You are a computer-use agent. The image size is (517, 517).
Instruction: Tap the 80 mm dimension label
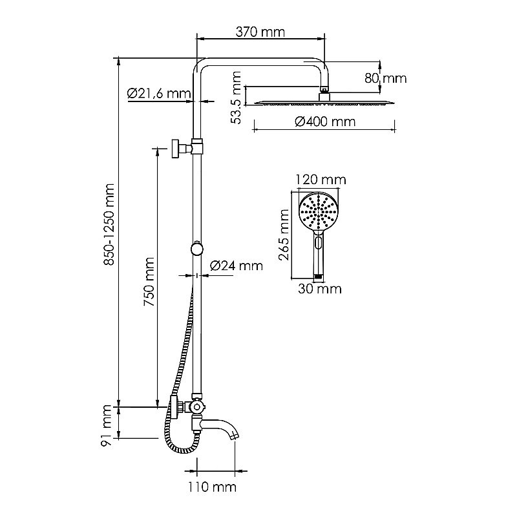pyautogui.click(x=385, y=78)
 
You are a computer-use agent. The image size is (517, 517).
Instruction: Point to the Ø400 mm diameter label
pyautogui.click(x=325, y=121)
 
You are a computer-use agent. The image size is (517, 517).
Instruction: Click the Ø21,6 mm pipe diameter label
pyautogui.click(x=159, y=94)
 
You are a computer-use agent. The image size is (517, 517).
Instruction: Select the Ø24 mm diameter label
pyautogui.click(x=237, y=266)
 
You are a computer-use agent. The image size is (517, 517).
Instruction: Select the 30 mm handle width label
pyautogui.click(x=320, y=289)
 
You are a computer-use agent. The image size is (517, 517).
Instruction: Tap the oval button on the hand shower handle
pyautogui.click(x=317, y=243)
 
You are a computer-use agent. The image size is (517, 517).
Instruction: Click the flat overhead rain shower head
pyautogui.click(x=323, y=102)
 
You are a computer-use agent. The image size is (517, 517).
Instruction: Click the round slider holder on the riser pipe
pyautogui.click(x=196, y=249)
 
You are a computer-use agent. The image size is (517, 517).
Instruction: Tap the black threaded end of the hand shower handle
pyautogui.click(x=317, y=276)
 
